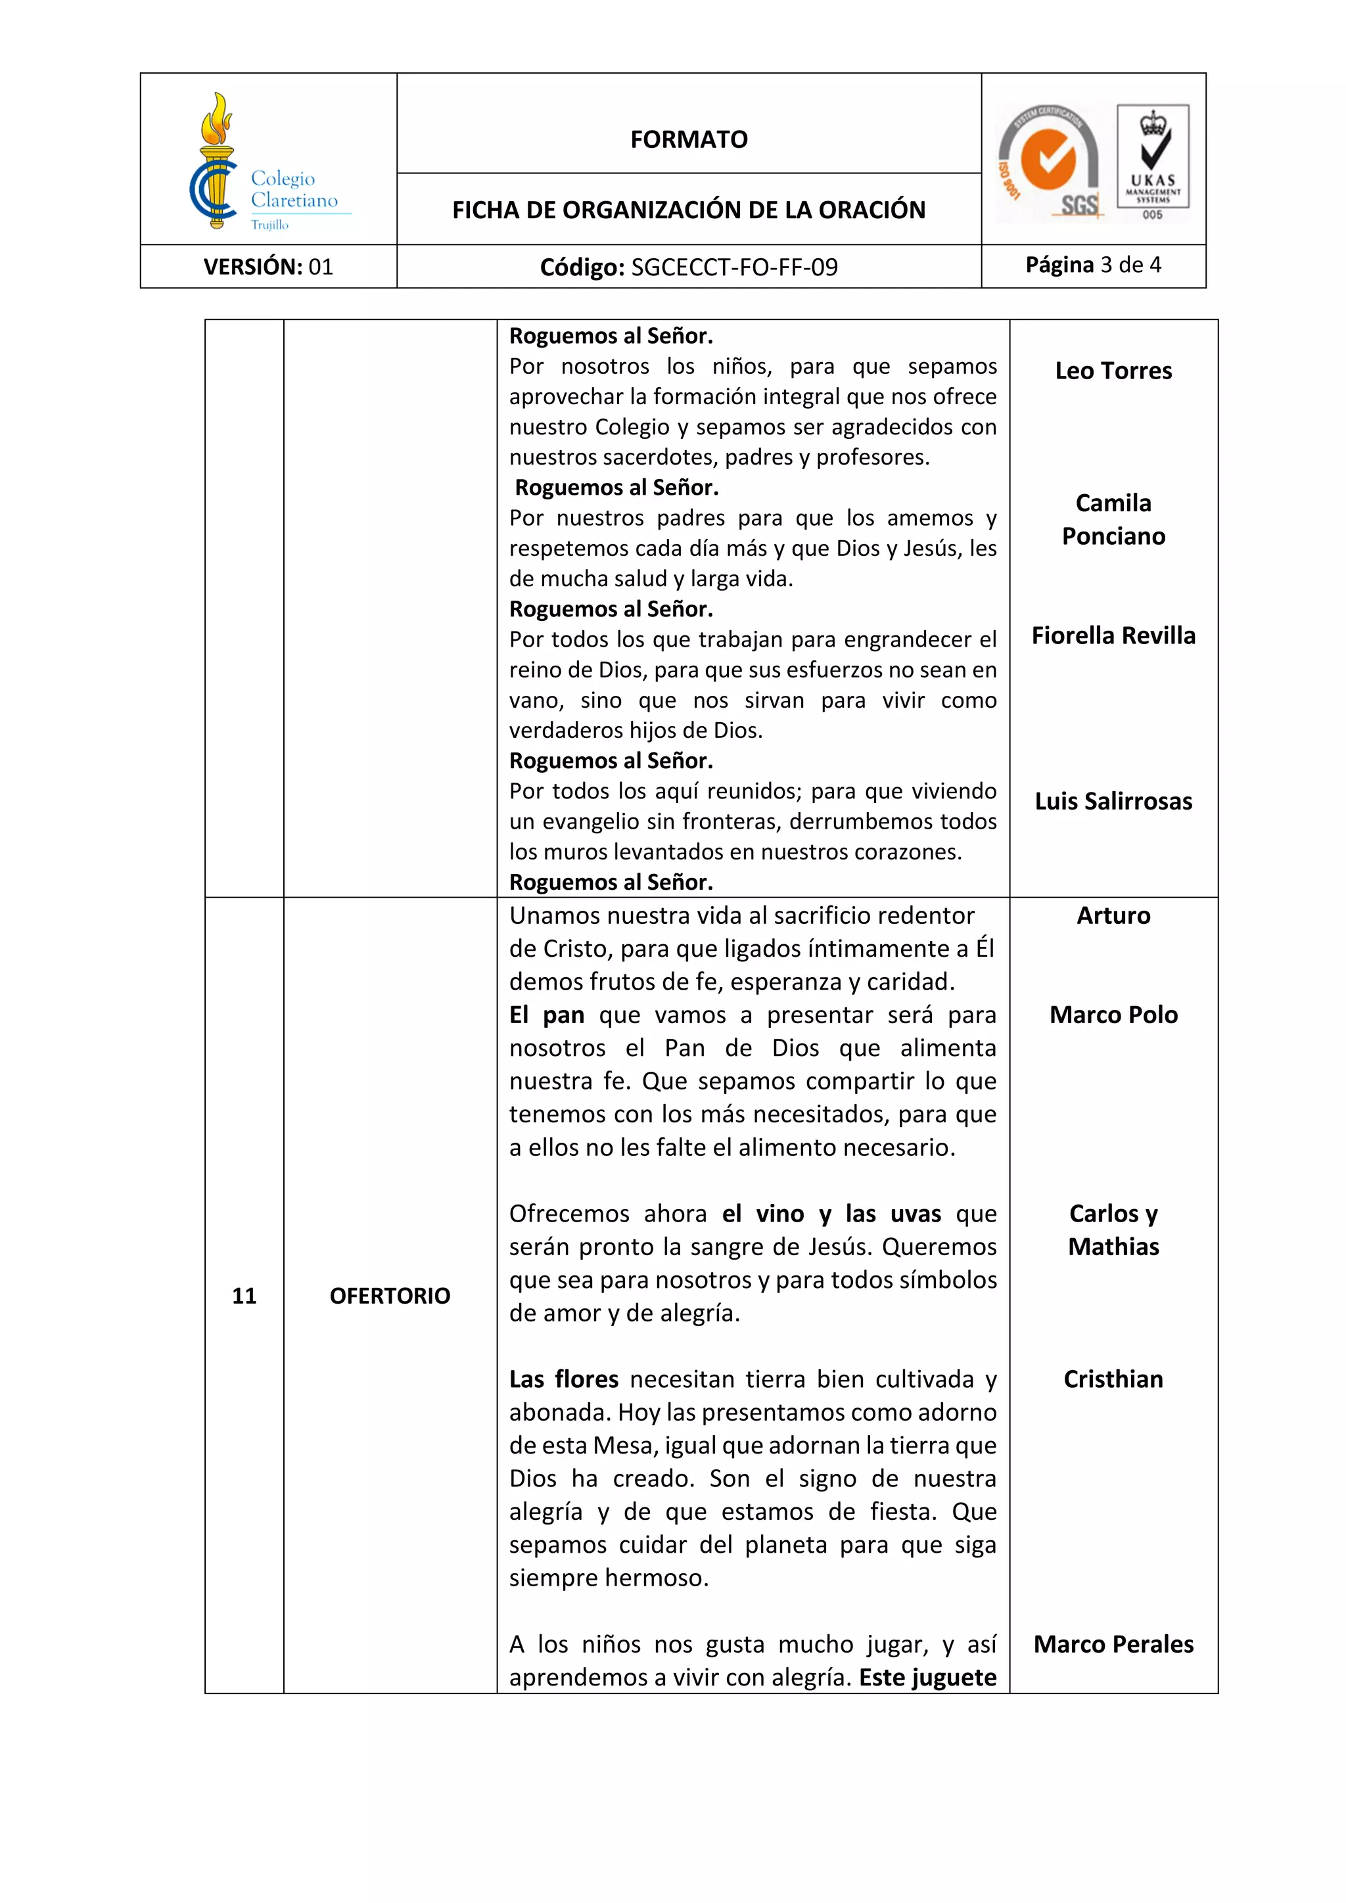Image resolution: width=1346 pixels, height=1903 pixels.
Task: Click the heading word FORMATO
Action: (x=689, y=139)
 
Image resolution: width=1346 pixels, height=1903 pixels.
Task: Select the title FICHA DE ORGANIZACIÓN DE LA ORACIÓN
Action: (x=689, y=210)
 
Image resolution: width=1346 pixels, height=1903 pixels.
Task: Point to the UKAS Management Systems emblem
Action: (x=1153, y=162)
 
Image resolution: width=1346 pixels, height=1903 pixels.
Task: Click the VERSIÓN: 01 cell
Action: (x=269, y=267)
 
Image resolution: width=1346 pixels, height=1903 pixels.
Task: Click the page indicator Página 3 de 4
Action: (x=1093, y=265)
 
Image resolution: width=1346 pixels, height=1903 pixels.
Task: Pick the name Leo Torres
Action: (x=1113, y=371)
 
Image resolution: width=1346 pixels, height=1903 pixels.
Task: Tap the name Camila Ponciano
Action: (x=1113, y=520)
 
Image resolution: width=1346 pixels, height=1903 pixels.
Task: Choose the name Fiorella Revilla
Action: (x=1113, y=635)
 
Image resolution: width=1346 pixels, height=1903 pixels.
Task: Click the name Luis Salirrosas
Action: (x=1113, y=802)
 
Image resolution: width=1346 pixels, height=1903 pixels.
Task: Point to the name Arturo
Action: (x=1113, y=916)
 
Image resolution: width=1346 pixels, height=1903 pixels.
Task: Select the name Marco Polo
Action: (x=1113, y=1015)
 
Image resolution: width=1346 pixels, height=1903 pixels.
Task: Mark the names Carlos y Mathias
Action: (x=1113, y=1230)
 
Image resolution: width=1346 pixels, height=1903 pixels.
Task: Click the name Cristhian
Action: (x=1113, y=1379)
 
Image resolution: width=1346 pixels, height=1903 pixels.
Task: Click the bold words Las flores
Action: (x=564, y=1379)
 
